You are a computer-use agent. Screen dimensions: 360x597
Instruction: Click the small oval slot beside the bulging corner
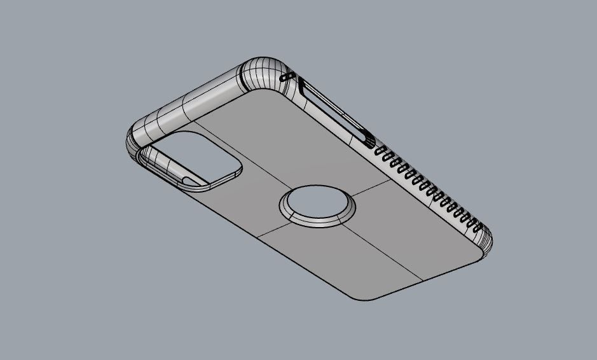(287, 77)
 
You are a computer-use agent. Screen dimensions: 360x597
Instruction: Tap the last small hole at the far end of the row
(479, 226)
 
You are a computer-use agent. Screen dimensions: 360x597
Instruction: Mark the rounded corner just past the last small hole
(486, 242)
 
